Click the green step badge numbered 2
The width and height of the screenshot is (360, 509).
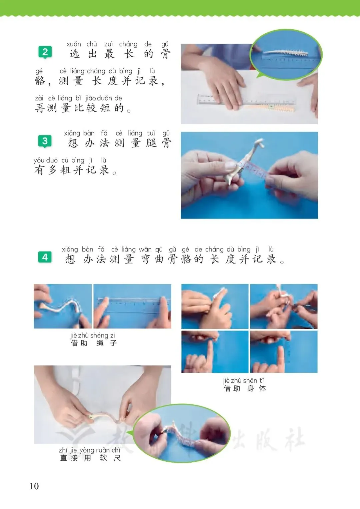coord(45,52)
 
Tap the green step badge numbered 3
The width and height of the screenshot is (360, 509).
coord(45,141)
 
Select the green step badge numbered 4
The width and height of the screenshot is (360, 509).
coord(45,257)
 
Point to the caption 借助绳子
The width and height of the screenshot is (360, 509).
coord(94,343)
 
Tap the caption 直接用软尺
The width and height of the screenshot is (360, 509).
coord(90,458)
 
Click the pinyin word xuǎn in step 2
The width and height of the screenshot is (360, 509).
coord(74,44)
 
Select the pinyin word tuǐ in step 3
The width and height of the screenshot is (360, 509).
coord(151,133)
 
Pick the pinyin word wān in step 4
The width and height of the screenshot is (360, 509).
coord(145,249)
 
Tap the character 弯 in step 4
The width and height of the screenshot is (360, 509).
coord(146,259)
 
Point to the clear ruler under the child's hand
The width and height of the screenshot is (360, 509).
coord(247,99)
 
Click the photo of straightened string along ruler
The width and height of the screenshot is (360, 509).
coord(132,306)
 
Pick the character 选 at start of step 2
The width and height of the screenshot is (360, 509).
coord(75,54)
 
